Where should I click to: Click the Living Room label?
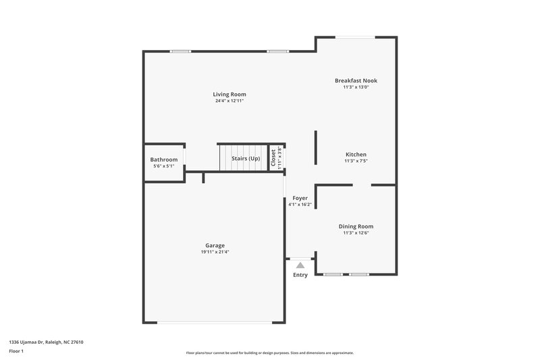point(230,94)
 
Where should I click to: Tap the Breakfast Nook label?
point(356,80)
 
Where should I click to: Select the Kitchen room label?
point(356,155)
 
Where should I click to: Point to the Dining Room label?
point(356,226)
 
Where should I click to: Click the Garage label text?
point(215,245)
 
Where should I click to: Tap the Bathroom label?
point(163,159)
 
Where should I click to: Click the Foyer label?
point(300,198)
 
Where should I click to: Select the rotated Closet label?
point(273,158)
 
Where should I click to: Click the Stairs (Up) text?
point(246,158)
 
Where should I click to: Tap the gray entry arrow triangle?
point(300,265)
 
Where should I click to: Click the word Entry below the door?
point(300,276)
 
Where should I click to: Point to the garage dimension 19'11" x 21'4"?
point(215,252)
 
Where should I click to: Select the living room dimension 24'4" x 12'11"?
point(230,101)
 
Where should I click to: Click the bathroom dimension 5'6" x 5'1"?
point(163,166)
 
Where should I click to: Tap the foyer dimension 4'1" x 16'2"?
point(300,205)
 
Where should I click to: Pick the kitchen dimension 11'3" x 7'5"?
point(356,161)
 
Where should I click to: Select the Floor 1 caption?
point(16,352)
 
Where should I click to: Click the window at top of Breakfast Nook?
point(356,37)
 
